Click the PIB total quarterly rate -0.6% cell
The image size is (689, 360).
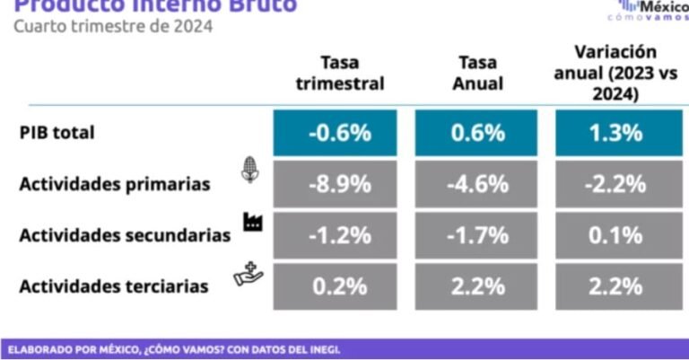pos(339,133)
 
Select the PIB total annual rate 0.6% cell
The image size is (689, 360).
pos(475,133)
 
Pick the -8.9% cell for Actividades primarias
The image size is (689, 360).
pos(339,184)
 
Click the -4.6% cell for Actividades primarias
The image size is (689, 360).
pos(475,184)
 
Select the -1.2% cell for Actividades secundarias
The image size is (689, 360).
pos(339,235)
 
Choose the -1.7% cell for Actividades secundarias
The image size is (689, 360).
pos(475,235)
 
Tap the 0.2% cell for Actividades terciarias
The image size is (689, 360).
pos(339,286)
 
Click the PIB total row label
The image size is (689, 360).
pos(57,133)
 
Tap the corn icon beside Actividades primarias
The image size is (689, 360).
pos(250,170)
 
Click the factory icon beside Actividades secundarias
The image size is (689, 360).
pos(252,221)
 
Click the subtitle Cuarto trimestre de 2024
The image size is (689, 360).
pos(112,26)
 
